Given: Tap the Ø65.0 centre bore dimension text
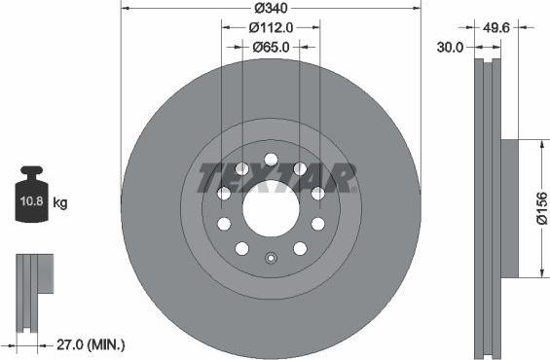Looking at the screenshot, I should [272, 46].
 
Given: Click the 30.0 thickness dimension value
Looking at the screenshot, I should [449, 46].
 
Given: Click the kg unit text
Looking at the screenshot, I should [60, 203].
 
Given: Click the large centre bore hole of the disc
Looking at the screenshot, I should [271, 207].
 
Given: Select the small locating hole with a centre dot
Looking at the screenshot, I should [271, 258].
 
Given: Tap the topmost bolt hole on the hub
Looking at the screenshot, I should [271, 160].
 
